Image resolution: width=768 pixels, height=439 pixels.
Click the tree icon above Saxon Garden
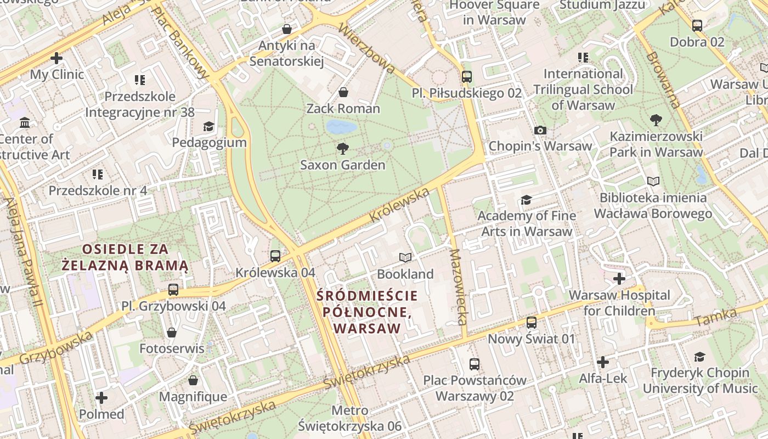point(343,148)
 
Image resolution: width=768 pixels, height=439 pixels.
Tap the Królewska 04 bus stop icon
point(275,256)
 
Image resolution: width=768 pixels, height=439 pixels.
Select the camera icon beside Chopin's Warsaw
point(540,130)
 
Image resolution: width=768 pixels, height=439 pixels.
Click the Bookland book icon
point(405,257)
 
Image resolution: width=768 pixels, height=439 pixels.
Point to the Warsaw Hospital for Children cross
point(619,279)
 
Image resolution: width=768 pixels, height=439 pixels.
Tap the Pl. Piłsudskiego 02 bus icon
point(467,77)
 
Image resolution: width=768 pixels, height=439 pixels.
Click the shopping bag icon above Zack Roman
point(343,92)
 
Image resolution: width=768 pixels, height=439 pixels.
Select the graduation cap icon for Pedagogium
point(208,127)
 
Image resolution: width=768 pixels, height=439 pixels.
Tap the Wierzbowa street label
point(366,48)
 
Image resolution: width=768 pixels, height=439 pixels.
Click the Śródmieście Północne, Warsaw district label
point(367,312)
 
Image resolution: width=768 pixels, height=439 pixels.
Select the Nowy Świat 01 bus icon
point(532,323)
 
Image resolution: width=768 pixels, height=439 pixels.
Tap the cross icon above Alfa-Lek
point(603,362)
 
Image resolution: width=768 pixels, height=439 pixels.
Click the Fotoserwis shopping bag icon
point(172,333)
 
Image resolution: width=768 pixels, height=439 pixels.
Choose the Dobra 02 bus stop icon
point(697,25)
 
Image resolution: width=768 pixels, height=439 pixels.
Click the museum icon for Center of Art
point(25,122)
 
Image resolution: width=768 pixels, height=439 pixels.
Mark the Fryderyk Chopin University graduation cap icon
point(699,357)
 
